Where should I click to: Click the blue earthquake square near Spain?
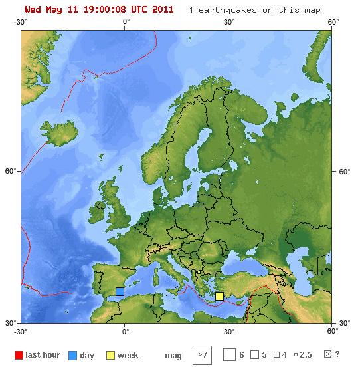tap(120, 291)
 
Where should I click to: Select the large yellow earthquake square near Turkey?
tap(219, 296)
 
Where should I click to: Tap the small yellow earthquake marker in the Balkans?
tap(198, 273)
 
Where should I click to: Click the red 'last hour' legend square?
tap(19, 355)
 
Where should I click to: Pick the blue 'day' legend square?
tap(73, 355)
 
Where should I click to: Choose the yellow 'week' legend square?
tap(110, 355)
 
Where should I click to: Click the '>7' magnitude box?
tap(202, 355)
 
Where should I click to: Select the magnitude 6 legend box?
tap(229, 355)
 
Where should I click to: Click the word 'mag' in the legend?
tap(172, 356)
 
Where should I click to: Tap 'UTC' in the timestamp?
tap(139, 10)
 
